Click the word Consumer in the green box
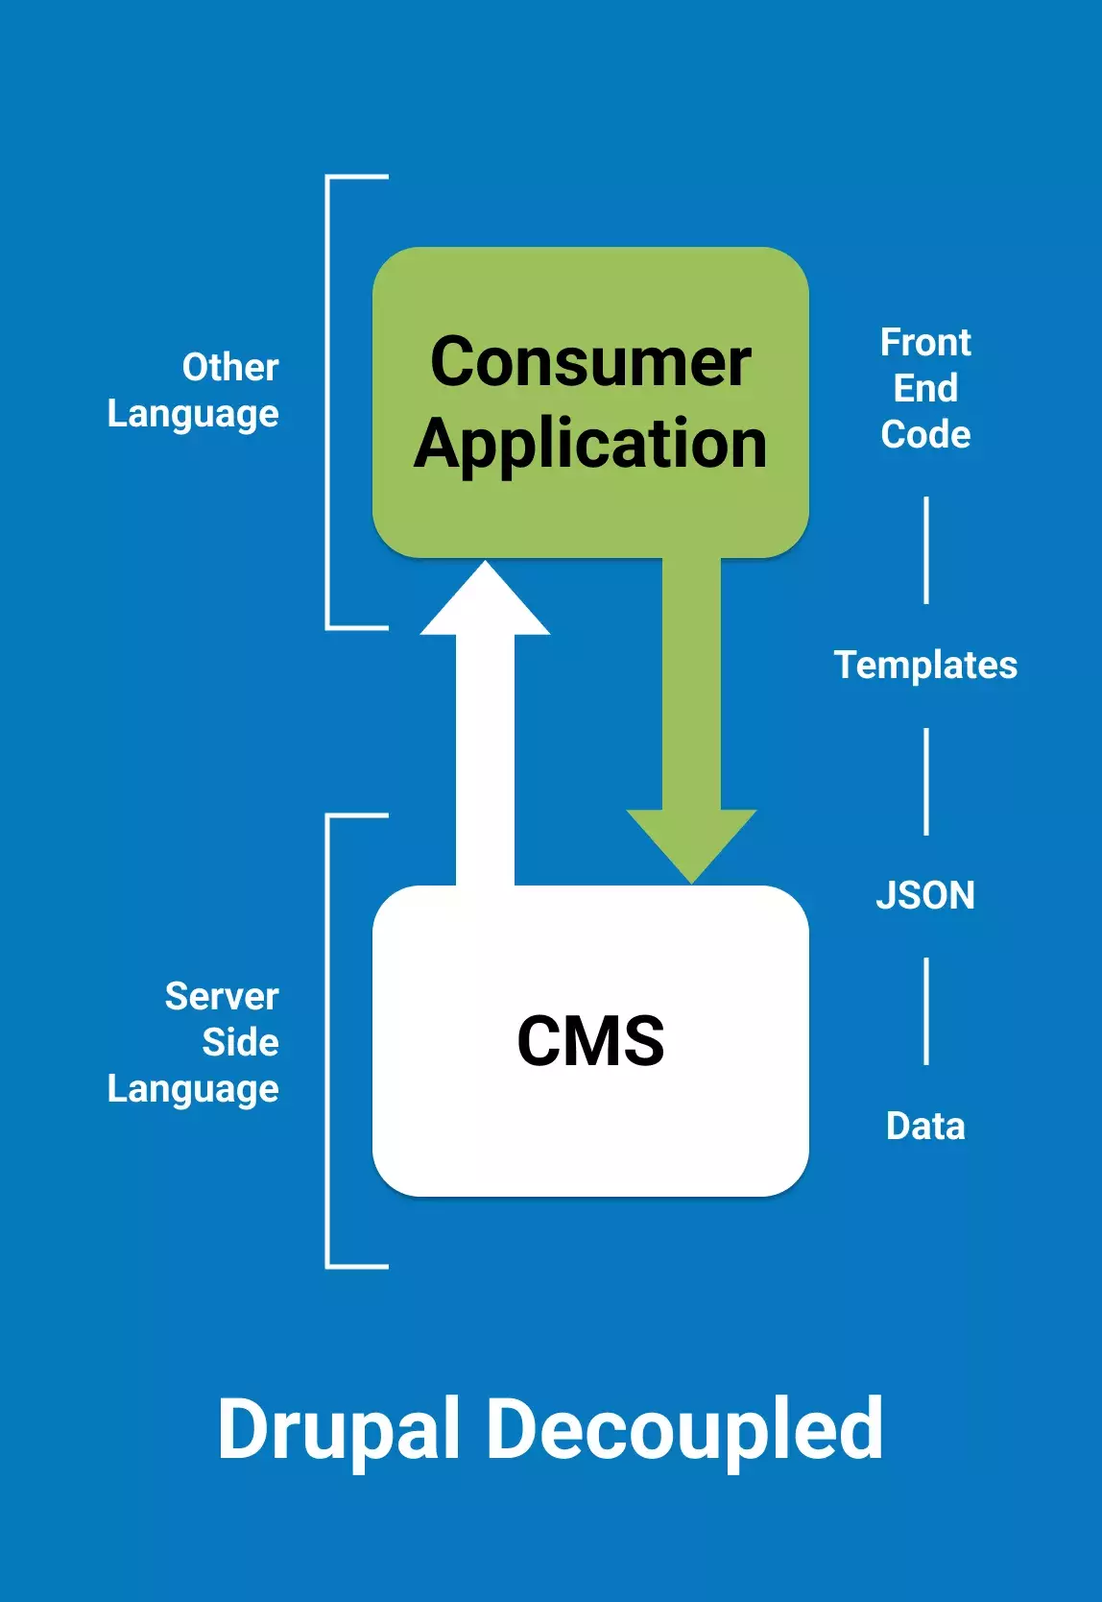coord(590,362)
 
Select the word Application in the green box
coord(590,444)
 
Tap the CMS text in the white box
coord(590,1041)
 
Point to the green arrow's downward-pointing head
coord(691,840)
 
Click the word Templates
coord(925,665)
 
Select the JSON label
coord(925,895)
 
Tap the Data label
coord(925,1126)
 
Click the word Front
coord(925,342)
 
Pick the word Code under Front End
coord(925,434)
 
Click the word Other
coord(230,367)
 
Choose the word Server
coord(222,996)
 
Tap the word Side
coord(240,1042)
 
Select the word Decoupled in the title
coord(685,1429)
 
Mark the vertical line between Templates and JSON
coord(926,781)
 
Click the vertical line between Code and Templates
coord(926,550)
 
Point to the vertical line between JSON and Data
coord(926,1011)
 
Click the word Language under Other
coord(193,414)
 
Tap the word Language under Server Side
coord(193,1089)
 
